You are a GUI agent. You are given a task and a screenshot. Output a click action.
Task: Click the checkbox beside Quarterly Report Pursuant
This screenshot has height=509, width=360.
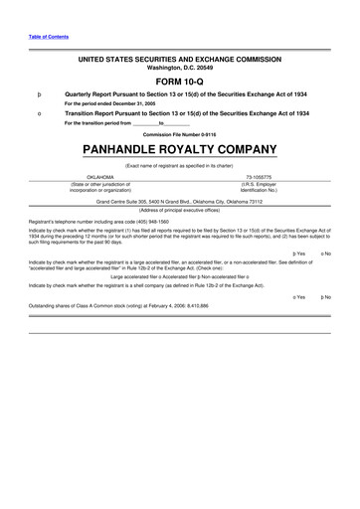coord(37,95)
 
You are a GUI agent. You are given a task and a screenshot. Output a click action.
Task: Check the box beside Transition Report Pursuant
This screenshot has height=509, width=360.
coord(37,114)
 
